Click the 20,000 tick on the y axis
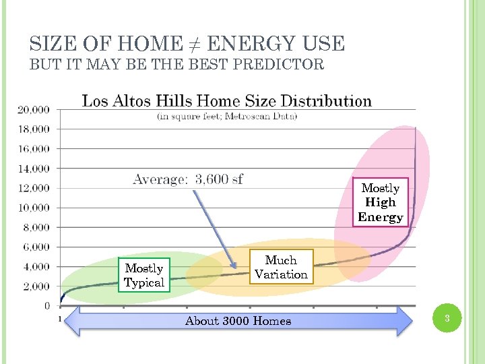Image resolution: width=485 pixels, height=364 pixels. pyautogui.click(x=34, y=109)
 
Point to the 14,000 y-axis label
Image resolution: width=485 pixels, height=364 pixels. pyautogui.click(x=34, y=169)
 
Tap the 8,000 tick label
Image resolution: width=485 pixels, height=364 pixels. pyautogui.click(x=36, y=228)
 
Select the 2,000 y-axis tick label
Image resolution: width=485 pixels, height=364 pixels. pyautogui.click(x=36, y=286)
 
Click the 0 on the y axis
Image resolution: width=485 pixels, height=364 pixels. pyautogui.click(x=46, y=306)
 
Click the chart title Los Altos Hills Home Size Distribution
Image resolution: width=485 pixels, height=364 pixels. pyautogui.click(x=226, y=101)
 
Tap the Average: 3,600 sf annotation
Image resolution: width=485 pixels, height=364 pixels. pyautogui.click(x=188, y=179)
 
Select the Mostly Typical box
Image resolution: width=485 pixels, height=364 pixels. pyautogui.click(x=144, y=276)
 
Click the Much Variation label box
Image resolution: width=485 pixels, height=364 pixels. pyautogui.click(x=281, y=267)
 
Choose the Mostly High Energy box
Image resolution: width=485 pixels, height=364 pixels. pyautogui.click(x=381, y=202)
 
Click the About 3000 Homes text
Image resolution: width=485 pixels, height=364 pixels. pyautogui.click(x=238, y=322)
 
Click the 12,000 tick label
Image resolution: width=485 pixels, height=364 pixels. pyautogui.click(x=34, y=188)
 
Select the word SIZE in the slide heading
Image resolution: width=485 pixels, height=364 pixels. pyautogui.click(x=52, y=44)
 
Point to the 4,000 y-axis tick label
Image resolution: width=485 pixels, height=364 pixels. pyautogui.click(x=36, y=267)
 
